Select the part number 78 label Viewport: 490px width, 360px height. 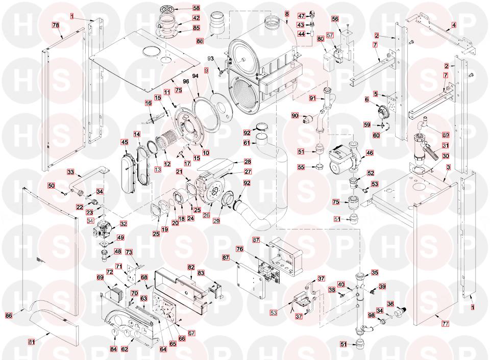point(56,25)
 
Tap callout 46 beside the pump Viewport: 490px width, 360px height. point(370,152)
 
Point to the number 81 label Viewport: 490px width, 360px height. point(31,342)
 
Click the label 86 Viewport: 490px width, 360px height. point(9,316)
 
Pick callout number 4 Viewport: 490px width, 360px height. point(454,24)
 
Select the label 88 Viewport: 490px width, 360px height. point(200,41)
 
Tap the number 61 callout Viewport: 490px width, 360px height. point(247,143)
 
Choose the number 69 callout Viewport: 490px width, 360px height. point(100,277)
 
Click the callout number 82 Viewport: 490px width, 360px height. point(191,267)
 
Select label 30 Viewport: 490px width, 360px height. point(446,156)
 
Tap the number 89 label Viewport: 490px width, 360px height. point(446,135)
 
